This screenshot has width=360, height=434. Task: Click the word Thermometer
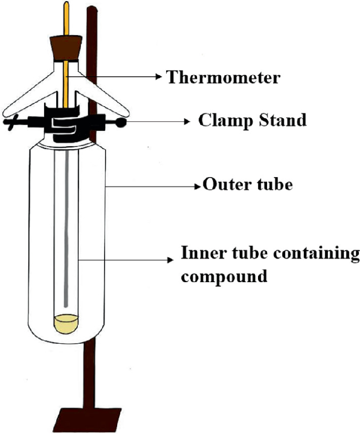pyautogui.click(x=223, y=78)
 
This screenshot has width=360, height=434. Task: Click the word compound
pyautogui.click(x=224, y=275)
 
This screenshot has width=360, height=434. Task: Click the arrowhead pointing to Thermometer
pyautogui.click(x=159, y=77)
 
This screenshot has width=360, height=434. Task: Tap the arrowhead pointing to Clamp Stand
pyautogui.click(x=187, y=121)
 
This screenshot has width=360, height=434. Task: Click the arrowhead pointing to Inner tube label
pyautogui.click(x=171, y=260)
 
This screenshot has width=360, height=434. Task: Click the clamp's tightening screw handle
pyautogui.click(x=11, y=123)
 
